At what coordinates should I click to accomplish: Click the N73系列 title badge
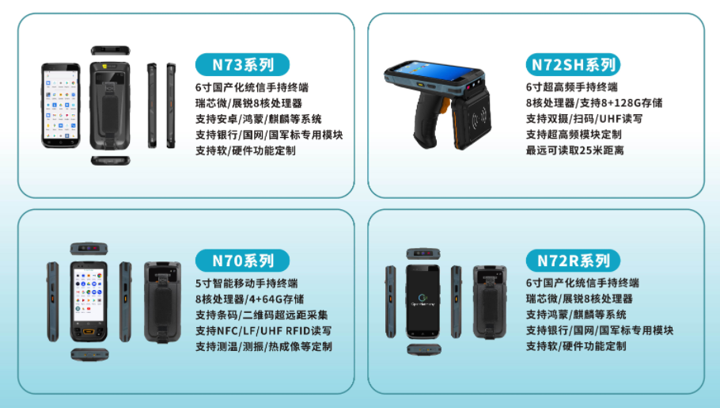click(242, 65)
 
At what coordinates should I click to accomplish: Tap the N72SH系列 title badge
click(573, 65)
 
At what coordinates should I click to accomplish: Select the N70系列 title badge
click(242, 261)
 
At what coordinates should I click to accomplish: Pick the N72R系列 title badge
click(573, 261)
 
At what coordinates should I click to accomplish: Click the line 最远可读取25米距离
click(575, 151)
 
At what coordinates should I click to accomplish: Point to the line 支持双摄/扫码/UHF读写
click(584, 119)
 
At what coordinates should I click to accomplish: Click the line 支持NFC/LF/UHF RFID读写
click(263, 330)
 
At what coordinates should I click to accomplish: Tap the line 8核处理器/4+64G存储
click(250, 299)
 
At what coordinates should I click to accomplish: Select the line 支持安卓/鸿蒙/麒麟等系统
click(259, 119)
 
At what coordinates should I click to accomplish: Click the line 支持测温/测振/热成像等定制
click(264, 346)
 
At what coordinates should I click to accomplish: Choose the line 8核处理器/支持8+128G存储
click(594, 103)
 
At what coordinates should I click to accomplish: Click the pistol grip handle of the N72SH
click(430, 120)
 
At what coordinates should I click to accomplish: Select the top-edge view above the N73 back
click(110, 50)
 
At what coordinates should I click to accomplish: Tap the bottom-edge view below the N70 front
click(89, 354)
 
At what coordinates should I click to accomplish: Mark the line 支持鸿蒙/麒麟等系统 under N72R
click(576, 315)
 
